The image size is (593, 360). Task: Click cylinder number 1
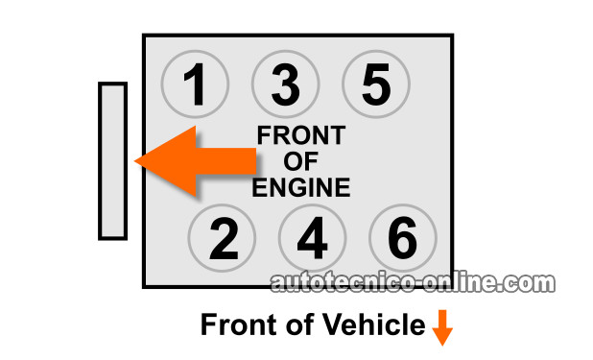[195, 84]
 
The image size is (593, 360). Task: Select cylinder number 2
[222, 238]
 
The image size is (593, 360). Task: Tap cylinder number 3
[286, 84]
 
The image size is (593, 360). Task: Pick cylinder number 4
[313, 238]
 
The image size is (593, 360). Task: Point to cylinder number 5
[376, 84]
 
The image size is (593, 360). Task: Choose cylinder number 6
[403, 238]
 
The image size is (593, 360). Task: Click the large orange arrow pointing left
[195, 161]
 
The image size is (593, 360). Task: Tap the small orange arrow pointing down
[442, 327]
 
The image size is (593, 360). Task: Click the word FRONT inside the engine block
[301, 135]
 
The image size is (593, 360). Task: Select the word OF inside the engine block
[300, 161]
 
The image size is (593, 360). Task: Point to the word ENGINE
[301, 187]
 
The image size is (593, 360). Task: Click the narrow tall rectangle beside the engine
[112, 161]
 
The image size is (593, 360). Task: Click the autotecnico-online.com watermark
[413, 283]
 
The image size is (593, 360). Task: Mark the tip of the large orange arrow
[134, 161]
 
